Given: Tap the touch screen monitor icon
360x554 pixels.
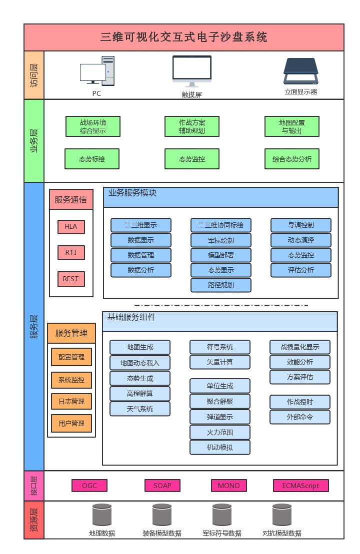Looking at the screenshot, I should pos(192,71).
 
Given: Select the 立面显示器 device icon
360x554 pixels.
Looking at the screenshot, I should pos(300,71).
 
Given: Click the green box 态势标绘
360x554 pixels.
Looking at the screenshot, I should pos(92,159).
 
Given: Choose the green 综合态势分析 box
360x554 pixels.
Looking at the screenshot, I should pos(292,159).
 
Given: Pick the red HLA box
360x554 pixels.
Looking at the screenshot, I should pos(71,226).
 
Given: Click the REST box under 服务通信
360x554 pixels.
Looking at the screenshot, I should pos(71,279).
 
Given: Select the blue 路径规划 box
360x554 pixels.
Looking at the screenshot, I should pos(221,285).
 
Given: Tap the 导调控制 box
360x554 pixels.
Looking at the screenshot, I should pos(301,225).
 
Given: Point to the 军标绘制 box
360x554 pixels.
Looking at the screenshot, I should pos(221,240).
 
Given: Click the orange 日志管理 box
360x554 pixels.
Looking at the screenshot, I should pos(71,401).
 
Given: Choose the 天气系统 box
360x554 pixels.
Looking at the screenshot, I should pos(140,409).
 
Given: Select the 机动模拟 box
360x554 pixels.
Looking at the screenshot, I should pos(220,447).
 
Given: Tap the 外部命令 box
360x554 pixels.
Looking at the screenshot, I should pos(300,417).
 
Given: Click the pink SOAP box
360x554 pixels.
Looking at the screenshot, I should pos(162,486).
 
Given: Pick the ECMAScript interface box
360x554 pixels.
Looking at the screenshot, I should pos(301,486).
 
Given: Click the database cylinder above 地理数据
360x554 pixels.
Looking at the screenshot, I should pos(102,515).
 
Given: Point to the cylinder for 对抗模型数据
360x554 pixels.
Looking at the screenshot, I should pos(282,515).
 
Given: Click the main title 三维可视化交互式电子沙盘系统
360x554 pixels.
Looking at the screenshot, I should pos(184,37).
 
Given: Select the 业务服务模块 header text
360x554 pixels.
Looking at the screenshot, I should pos(132,193).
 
